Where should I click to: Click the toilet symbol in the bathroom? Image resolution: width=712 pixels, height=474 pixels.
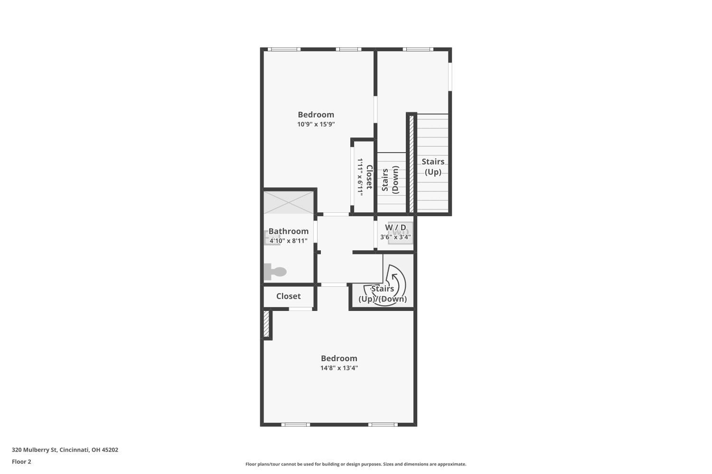tap(275, 272)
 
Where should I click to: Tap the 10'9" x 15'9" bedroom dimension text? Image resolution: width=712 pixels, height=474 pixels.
tap(316, 124)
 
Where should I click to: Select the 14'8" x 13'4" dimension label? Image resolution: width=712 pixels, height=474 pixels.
tap(339, 368)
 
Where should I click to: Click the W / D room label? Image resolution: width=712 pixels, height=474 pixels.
tap(395, 228)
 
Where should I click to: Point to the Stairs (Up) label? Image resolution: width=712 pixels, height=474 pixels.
tap(433, 167)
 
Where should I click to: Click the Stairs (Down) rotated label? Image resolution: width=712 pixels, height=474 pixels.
tap(390, 180)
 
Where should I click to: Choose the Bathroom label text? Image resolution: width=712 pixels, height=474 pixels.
tap(288, 231)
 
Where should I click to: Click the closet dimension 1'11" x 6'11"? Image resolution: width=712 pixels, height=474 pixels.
tap(360, 177)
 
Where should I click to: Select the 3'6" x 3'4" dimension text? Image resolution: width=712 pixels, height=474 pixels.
tap(395, 237)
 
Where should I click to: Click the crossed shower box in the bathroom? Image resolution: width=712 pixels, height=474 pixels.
tap(289, 202)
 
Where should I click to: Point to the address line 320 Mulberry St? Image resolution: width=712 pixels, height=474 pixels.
tap(65, 450)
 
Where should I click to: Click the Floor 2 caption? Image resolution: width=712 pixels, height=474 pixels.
tap(21, 462)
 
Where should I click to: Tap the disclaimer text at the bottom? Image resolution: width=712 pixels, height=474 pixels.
tap(356, 464)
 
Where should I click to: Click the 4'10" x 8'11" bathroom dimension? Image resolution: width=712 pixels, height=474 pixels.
tap(288, 241)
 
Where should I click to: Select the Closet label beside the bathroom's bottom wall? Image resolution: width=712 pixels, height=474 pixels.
tap(288, 296)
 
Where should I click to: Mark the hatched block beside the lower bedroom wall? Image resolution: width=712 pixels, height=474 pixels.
tap(266, 324)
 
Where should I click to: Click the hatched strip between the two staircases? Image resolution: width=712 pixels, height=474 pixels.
tap(412, 164)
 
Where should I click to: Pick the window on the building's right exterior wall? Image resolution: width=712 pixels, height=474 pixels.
tap(450, 77)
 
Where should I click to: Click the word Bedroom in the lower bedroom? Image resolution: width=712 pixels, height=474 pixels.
tap(339, 358)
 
